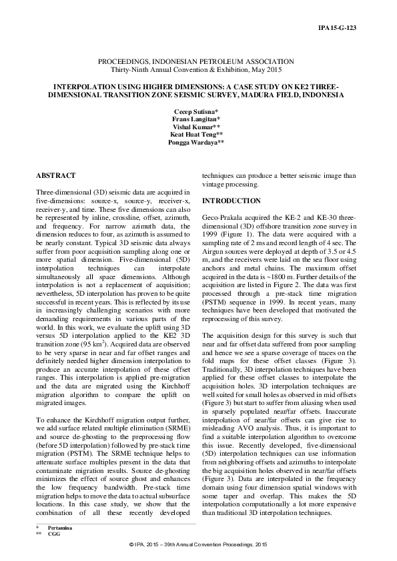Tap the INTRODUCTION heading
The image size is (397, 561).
coord(231,201)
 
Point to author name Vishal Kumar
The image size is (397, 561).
coord(199,126)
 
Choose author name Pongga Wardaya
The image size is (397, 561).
coord(199,142)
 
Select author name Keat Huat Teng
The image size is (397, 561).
coord(199,134)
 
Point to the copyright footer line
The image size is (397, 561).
coord(199,544)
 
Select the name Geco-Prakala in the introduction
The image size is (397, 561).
coord(224,218)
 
